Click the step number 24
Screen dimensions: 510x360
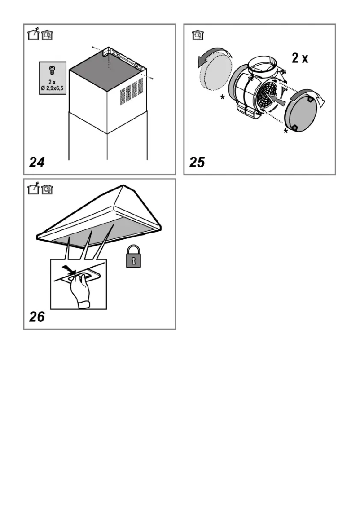[37, 162]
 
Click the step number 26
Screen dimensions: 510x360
[37, 317]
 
